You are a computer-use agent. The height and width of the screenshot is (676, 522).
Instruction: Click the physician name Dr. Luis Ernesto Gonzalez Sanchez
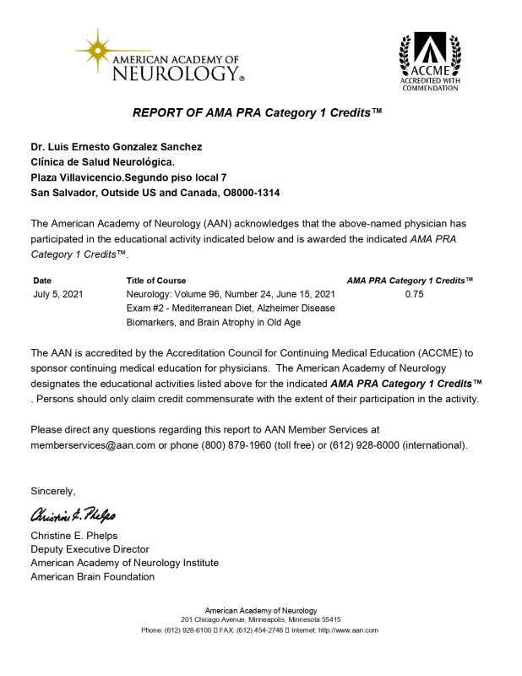pos(117,147)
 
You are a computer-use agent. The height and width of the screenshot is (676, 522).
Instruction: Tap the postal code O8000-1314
pos(247,193)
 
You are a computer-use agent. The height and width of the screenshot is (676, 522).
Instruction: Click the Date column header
pos(42,280)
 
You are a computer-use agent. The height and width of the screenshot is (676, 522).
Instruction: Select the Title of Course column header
pos(156,280)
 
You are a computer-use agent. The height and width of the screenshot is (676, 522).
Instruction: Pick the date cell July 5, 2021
pos(57,294)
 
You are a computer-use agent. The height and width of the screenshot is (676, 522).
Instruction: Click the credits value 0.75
pos(414,294)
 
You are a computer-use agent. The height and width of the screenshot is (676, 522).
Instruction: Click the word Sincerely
pos(52,491)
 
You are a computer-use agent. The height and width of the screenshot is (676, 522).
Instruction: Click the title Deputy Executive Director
pos(90,549)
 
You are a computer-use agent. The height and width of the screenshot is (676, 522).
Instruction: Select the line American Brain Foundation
pos(92,576)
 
